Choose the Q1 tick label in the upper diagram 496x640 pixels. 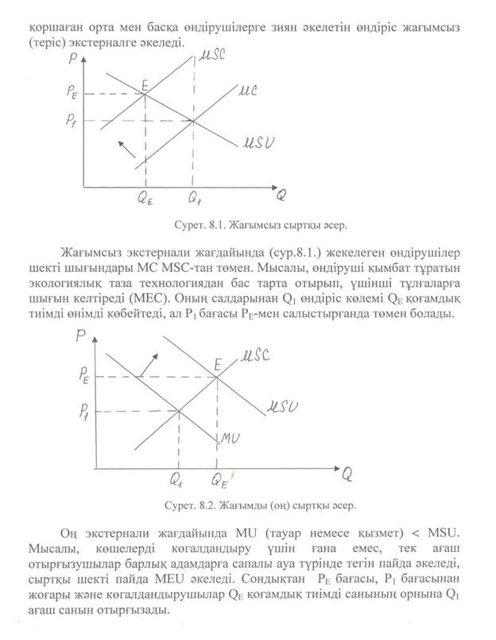tap(195, 200)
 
